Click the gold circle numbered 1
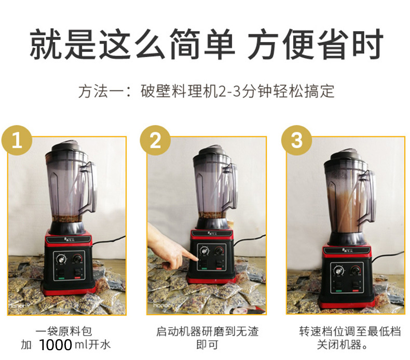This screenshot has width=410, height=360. tap(17, 140)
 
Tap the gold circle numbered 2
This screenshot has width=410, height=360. tap(155, 140)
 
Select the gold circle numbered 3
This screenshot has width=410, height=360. tap(296, 140)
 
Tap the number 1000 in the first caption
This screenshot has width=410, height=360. tap(56, 345)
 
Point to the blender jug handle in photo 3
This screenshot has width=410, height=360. tap(368, 197)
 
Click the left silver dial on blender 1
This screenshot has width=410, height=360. tap(62, 260)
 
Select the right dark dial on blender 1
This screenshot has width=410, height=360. tap(77, 259)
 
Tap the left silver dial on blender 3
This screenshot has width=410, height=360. tap(339, 271)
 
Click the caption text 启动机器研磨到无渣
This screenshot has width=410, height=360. tap(208, 331)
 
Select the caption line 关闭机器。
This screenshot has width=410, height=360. tap(343, 344)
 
